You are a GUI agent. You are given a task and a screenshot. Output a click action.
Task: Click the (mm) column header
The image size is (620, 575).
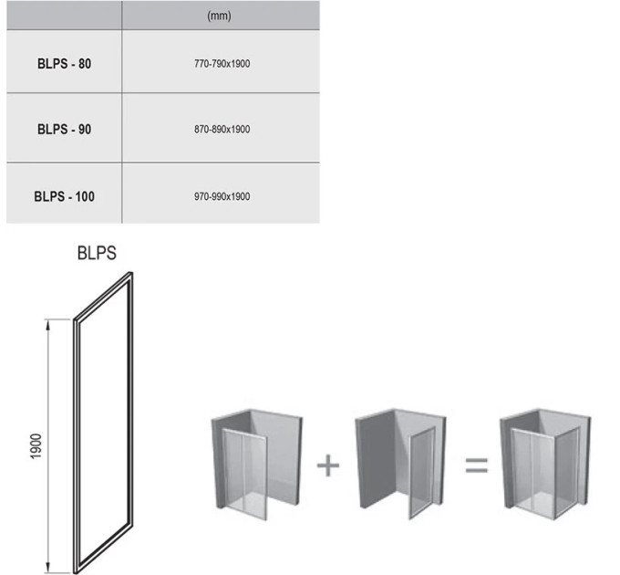pyautogui.click(x=219, y=16)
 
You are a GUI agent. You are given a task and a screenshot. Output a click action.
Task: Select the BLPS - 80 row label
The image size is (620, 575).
pyautogui.click(x=64, y=64)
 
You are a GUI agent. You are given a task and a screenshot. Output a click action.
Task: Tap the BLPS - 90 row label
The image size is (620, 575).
pyautogui.click(x=64, y=129)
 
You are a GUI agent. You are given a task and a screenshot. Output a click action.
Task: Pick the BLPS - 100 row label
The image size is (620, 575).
pyautogui.click(x=64, y=196)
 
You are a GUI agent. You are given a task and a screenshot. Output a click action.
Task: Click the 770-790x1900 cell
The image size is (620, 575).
pyautogui.click(x=222, y=64)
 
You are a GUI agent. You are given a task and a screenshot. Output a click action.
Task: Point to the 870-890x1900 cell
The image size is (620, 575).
pyautogui.click(x=222, y=129)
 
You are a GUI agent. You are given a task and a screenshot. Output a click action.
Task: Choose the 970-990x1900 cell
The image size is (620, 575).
pyautogui.click(x=222, y=196)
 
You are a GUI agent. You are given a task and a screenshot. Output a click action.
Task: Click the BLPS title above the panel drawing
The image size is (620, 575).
pyautogui.click(x=97, y=253)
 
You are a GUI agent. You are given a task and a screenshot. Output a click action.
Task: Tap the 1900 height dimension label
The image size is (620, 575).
pyautogui.click(x=36, y=446)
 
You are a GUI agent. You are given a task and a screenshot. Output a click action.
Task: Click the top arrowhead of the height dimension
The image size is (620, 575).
pyautogui.click(x=47, y=325)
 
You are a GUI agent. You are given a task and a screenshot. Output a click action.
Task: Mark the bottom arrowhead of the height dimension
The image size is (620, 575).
pyautogui.click(x=47, y=567)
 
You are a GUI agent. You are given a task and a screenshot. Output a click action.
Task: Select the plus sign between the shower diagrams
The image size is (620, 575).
pyautogui.click(x=328, y=465)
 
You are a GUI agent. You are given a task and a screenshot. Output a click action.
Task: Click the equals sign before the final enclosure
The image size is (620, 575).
pyautogui.click(x=477, y=465)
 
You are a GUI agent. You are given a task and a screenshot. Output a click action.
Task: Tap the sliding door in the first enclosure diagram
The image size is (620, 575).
pyautogui.click(x=244, y=474)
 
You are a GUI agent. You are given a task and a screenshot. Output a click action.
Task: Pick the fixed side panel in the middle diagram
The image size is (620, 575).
pyautogui.click(x=422, y=473)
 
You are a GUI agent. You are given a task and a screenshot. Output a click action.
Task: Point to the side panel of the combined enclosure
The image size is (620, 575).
pyautogui.click(x=567, y=474)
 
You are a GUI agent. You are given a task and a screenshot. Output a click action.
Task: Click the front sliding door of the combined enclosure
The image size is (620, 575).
pyautogui.click(x=533, y=474)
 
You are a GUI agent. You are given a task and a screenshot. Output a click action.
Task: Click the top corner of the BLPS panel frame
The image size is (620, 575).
pyautogui.click(x=130, y=272)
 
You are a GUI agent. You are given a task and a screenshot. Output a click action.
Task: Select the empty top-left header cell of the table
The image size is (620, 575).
pyautogui.click(x=64, y=15)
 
